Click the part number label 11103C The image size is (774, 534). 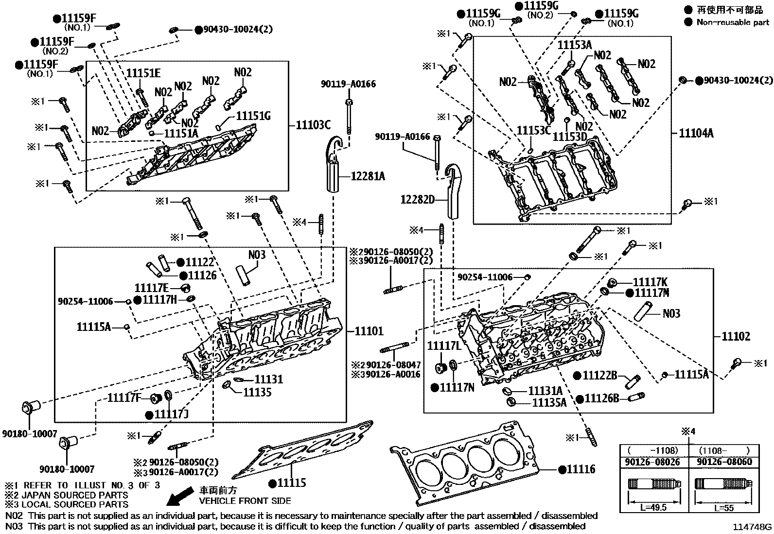pos(313,125)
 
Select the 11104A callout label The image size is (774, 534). pos(696,133)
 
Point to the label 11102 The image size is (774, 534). pos(736,336)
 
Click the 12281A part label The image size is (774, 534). pos(368,176)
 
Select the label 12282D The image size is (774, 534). pos(417,199)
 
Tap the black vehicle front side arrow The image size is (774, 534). pos(179,498)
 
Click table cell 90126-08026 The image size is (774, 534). pos(653,462)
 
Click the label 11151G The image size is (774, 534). pos(253,116)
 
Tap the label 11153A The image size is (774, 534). pos(574,45)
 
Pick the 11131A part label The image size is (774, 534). pos(545,391)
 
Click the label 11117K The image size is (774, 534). pos(650,282)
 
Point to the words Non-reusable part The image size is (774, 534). pos(733,22)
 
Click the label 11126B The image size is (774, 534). pos(601,398)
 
